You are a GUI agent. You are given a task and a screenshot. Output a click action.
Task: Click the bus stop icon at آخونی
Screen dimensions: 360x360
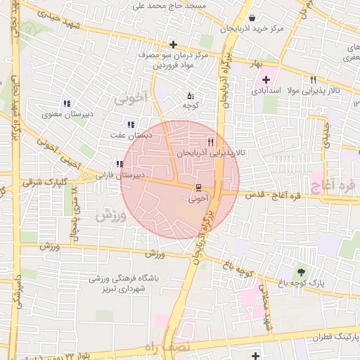(x=198, y=187)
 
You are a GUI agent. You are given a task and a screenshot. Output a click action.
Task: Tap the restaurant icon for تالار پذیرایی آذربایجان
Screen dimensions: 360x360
(x=211, y=141)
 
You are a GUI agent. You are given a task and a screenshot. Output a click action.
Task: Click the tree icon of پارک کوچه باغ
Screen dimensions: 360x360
(x=302, y=271)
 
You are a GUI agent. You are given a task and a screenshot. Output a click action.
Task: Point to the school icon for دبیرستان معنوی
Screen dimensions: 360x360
(x=67, y=103)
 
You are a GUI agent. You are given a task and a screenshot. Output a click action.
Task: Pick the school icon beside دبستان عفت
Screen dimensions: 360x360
(x=130, y=124)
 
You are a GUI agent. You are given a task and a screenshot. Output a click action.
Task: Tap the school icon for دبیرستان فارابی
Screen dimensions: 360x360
(x=120, y=164)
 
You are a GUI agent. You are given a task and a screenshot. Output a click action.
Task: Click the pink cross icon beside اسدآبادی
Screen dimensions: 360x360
(x=266, y=79)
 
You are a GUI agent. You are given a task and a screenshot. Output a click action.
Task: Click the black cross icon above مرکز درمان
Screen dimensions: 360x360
(x=173, y=44)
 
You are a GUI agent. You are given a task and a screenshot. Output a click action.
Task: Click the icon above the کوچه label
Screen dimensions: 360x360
(x=190, y=95)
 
